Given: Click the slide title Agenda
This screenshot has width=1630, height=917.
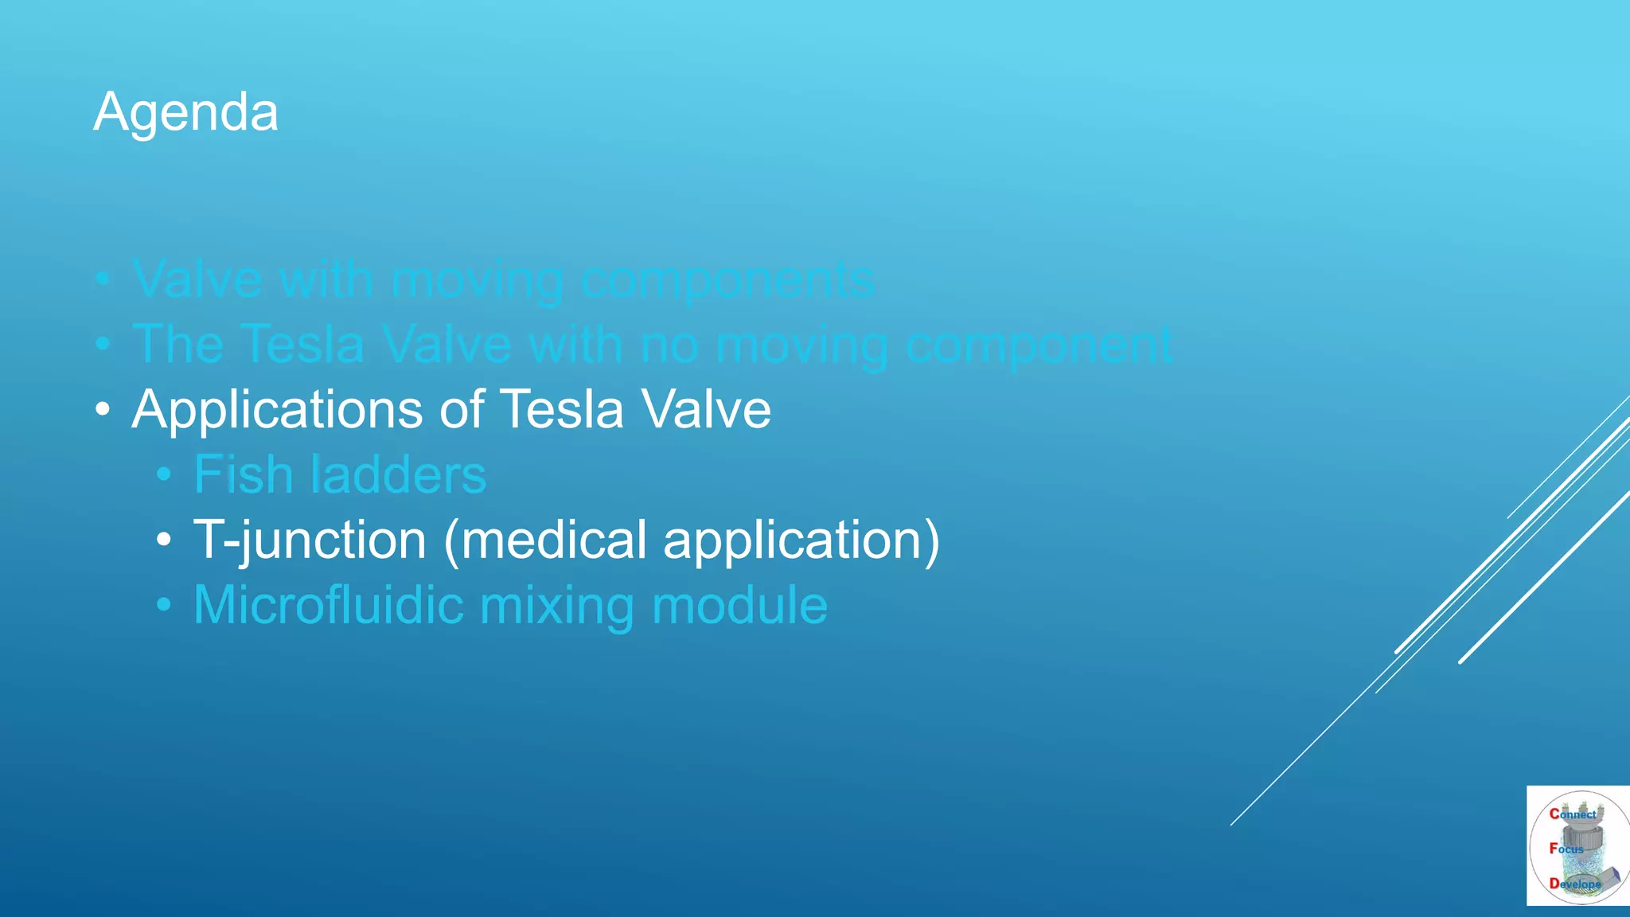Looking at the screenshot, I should point(185,112).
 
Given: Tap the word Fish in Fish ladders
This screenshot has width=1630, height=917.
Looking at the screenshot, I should point(244,475).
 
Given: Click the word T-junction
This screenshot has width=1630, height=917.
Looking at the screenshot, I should point(310,540).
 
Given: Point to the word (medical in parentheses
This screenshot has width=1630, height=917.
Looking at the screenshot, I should point(544,540).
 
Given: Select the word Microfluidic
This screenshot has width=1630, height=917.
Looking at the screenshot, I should point(328,605).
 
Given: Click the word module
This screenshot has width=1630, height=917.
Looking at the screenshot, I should point(739,605).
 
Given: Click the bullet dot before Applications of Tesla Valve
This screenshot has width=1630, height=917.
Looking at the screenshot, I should point(102,411).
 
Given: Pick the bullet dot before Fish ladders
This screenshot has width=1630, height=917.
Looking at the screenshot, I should point(164,475).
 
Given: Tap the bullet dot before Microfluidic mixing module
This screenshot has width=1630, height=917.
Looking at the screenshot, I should point(164,605).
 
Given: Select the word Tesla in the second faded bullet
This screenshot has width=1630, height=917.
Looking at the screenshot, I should point(302,345).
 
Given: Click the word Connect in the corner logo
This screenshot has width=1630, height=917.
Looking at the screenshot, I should point(1573,814).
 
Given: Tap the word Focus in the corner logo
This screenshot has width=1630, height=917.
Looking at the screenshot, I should point(1566,849).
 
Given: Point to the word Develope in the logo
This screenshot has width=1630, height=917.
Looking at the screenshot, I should point(1574,884).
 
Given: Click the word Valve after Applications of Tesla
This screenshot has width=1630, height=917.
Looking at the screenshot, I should point(706,411).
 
